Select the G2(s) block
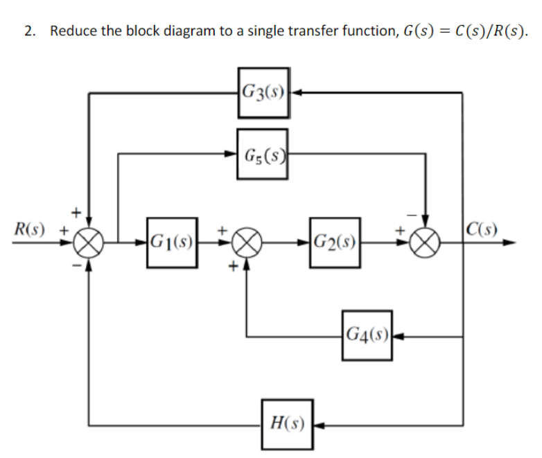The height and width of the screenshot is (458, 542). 335,243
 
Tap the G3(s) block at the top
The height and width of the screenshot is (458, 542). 263,90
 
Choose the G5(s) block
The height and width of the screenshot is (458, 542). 263,154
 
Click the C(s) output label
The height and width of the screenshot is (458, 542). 481,227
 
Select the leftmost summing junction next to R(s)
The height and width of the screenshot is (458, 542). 89,243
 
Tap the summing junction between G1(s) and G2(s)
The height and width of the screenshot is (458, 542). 248,243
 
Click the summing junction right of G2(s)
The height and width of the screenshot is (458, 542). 425,243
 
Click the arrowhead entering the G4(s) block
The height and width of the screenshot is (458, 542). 398,337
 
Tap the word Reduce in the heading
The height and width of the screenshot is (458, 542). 73,31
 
